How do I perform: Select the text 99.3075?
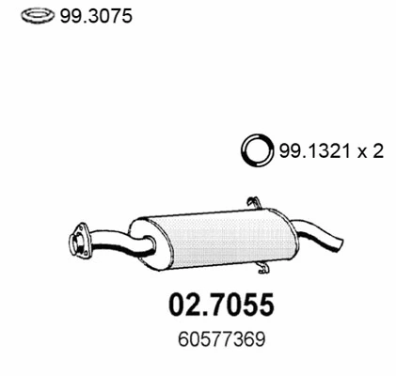coord(87,16)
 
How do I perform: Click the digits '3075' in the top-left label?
coord(100,16)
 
